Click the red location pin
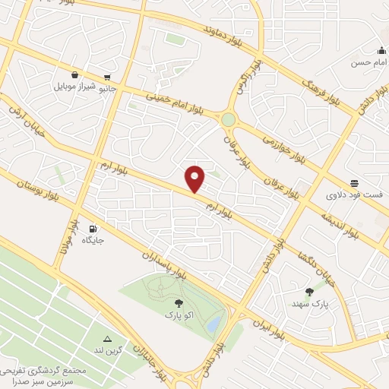point(195,179)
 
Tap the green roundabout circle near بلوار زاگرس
point(228,119)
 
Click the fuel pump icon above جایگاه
point(93,228)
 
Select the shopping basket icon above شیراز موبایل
point(74,74)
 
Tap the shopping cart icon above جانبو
point(108,77)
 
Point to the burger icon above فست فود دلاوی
point(354,183)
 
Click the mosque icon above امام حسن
point(381,50)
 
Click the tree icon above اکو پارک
point(179,302)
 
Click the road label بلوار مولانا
point(68,236)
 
